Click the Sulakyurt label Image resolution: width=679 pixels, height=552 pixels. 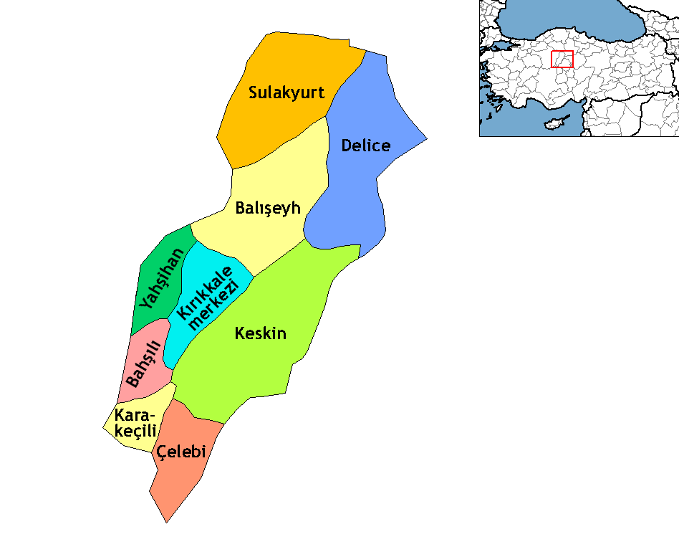click(286, 93)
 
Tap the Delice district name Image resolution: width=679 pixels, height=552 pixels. click(365, 146)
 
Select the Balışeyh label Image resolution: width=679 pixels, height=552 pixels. click(267, 209)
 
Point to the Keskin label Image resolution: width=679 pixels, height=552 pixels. click(261, 333)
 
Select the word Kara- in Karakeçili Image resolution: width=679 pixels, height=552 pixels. click(135, 415)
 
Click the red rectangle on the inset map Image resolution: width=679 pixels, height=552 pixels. click(562, 60)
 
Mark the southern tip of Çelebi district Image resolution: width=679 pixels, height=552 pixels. click(167, 521)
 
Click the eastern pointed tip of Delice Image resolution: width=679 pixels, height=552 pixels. click(427, 138)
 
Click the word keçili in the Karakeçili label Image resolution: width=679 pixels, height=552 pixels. click(136, 431)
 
